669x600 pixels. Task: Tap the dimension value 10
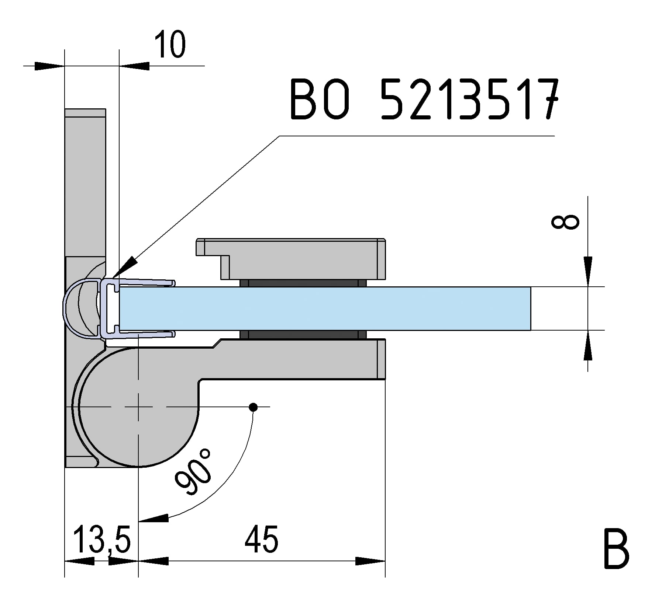169,45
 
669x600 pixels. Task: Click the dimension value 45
261,540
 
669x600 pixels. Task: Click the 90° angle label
193,471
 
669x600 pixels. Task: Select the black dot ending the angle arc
253,407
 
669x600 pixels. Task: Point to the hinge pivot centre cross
138,407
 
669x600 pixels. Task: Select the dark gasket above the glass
303,283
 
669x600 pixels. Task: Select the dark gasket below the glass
303,335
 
